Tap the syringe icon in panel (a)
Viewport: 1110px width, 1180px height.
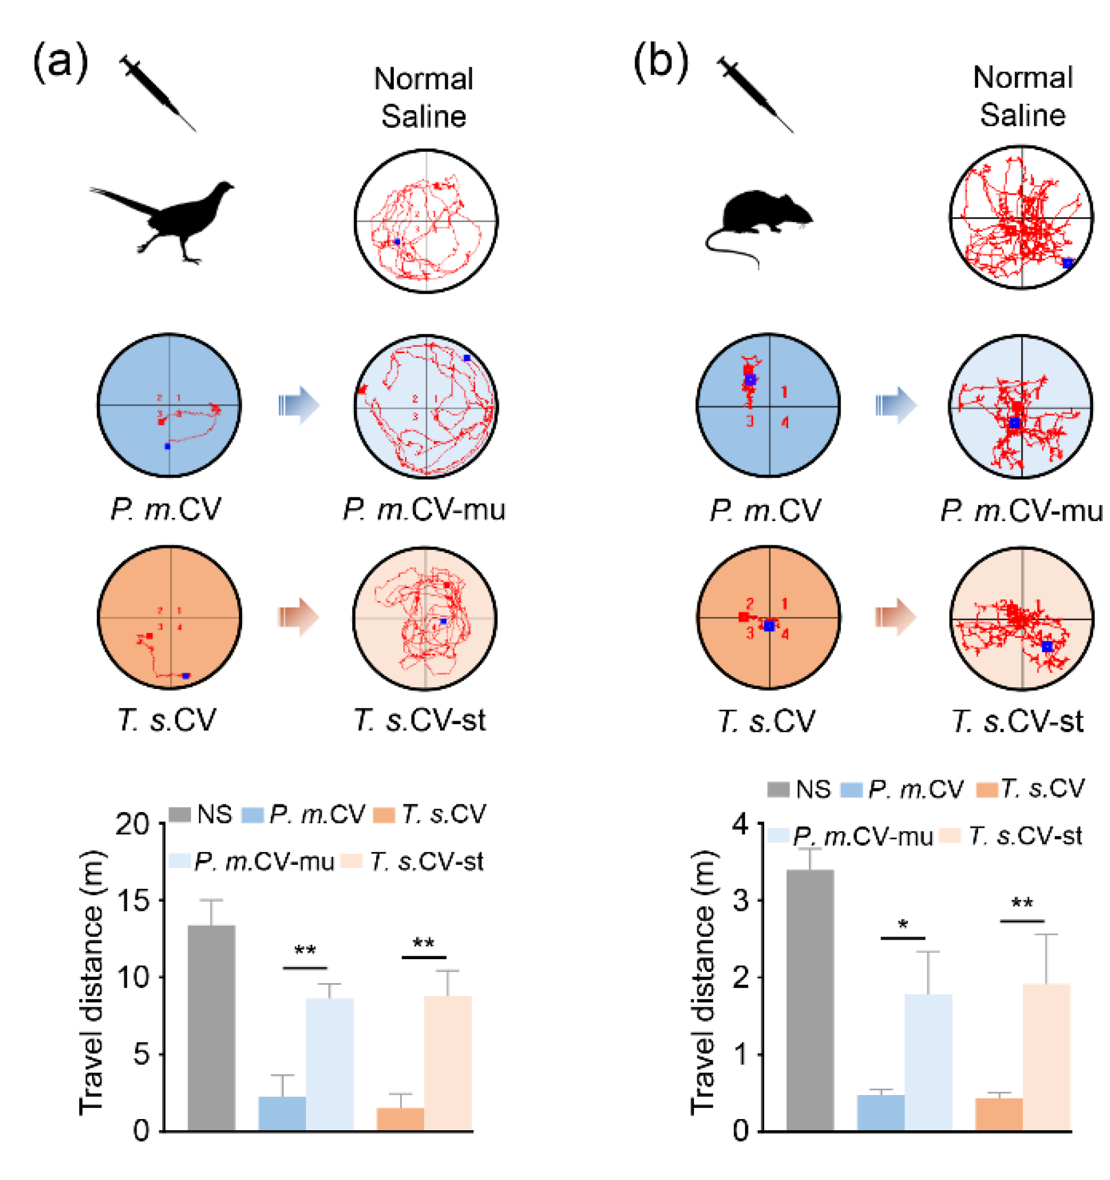tap(157, 92)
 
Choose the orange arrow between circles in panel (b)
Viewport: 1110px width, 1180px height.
tap(896, 617)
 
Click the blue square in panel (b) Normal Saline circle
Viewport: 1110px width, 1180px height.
tap(1067, 263)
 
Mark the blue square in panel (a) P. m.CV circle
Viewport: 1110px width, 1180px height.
tap(168, 446)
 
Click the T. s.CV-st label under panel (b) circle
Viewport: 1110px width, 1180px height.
tap(1017, 721)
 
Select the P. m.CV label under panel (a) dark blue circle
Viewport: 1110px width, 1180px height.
tap(166, 509)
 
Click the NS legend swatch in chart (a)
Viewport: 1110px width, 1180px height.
tap(180, 814)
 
